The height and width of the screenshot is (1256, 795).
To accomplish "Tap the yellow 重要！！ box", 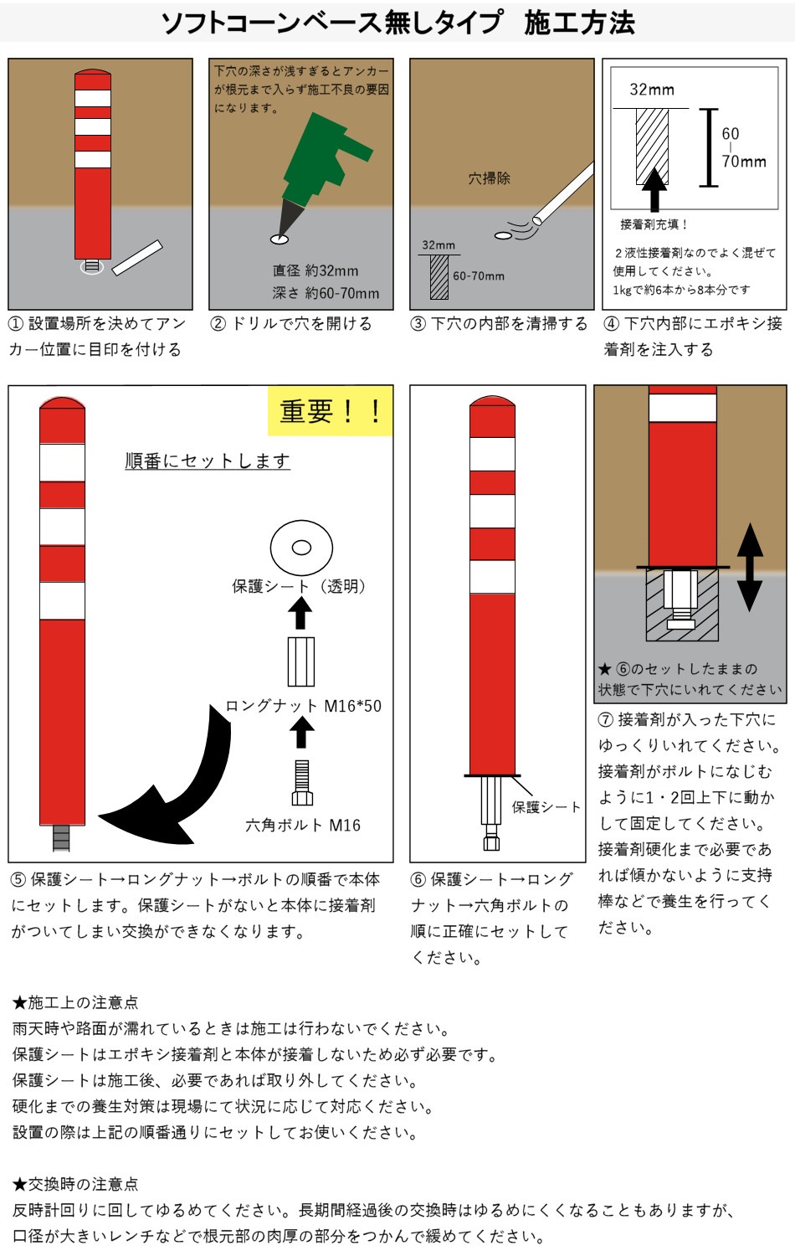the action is (330, 411).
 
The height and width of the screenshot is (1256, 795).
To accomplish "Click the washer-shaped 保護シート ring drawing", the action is (301, 548).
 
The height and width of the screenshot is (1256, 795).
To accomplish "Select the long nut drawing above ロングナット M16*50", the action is (301, 661).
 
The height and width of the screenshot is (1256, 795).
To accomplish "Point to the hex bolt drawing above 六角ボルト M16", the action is (302, 783).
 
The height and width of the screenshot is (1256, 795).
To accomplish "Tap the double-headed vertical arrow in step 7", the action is (750, 568).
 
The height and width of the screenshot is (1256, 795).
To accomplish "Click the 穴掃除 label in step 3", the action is (489, 178).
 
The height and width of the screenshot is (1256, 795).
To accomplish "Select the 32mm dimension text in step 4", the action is (652, 90).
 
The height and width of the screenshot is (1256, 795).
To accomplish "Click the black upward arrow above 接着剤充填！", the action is (654, 189).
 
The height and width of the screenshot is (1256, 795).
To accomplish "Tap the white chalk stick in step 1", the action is (137, 258).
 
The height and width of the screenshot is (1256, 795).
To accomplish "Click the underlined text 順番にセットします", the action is (208, 461).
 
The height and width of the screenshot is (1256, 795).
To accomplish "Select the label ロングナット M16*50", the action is (303, 705).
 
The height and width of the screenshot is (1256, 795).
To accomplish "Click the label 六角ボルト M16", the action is (303, 825).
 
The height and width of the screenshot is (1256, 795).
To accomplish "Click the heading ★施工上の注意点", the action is (75, 1002).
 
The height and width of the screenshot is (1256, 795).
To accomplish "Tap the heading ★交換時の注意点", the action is (75, 1184).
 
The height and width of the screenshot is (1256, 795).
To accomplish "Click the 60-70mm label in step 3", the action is (479, 275).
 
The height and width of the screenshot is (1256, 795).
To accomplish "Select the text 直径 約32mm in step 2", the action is (315, 270).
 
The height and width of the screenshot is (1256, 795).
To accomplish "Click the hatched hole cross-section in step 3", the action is (439, 277).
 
